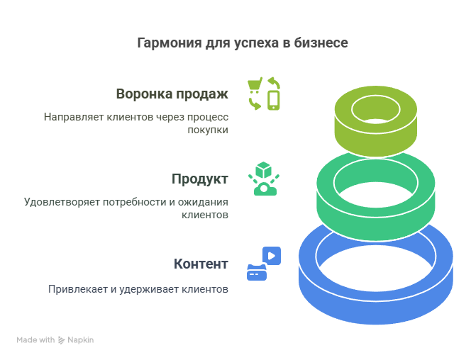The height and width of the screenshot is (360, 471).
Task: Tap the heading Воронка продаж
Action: tap(172, 94)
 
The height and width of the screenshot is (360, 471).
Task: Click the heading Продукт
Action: tap(199, 179)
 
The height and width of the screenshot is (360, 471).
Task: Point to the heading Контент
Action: tap(201, 264)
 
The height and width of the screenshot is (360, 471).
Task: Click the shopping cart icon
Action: tap(255, 86)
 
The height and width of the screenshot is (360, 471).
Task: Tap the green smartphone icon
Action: tap(274, 101)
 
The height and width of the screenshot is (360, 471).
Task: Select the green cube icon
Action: tap(264, 170)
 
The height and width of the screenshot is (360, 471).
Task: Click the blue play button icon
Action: tap(272, 255)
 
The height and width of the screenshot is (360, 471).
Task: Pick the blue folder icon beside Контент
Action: tap(256, 272)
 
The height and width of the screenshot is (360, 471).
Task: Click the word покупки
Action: tap(209, 130)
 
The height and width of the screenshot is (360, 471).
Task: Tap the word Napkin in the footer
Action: tap(81, 340)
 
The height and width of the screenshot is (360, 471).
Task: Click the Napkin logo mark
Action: tap(62, 340)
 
